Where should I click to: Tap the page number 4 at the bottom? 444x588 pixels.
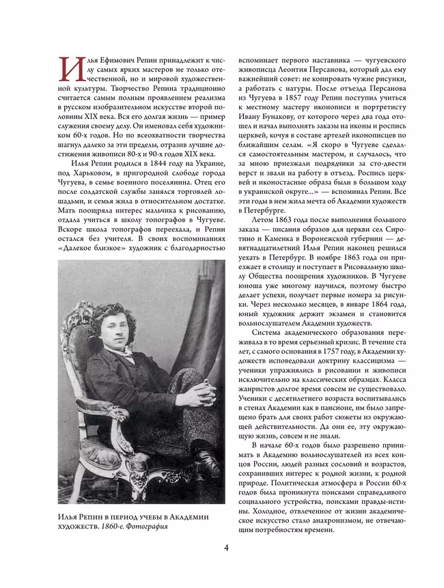coord(225,548)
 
